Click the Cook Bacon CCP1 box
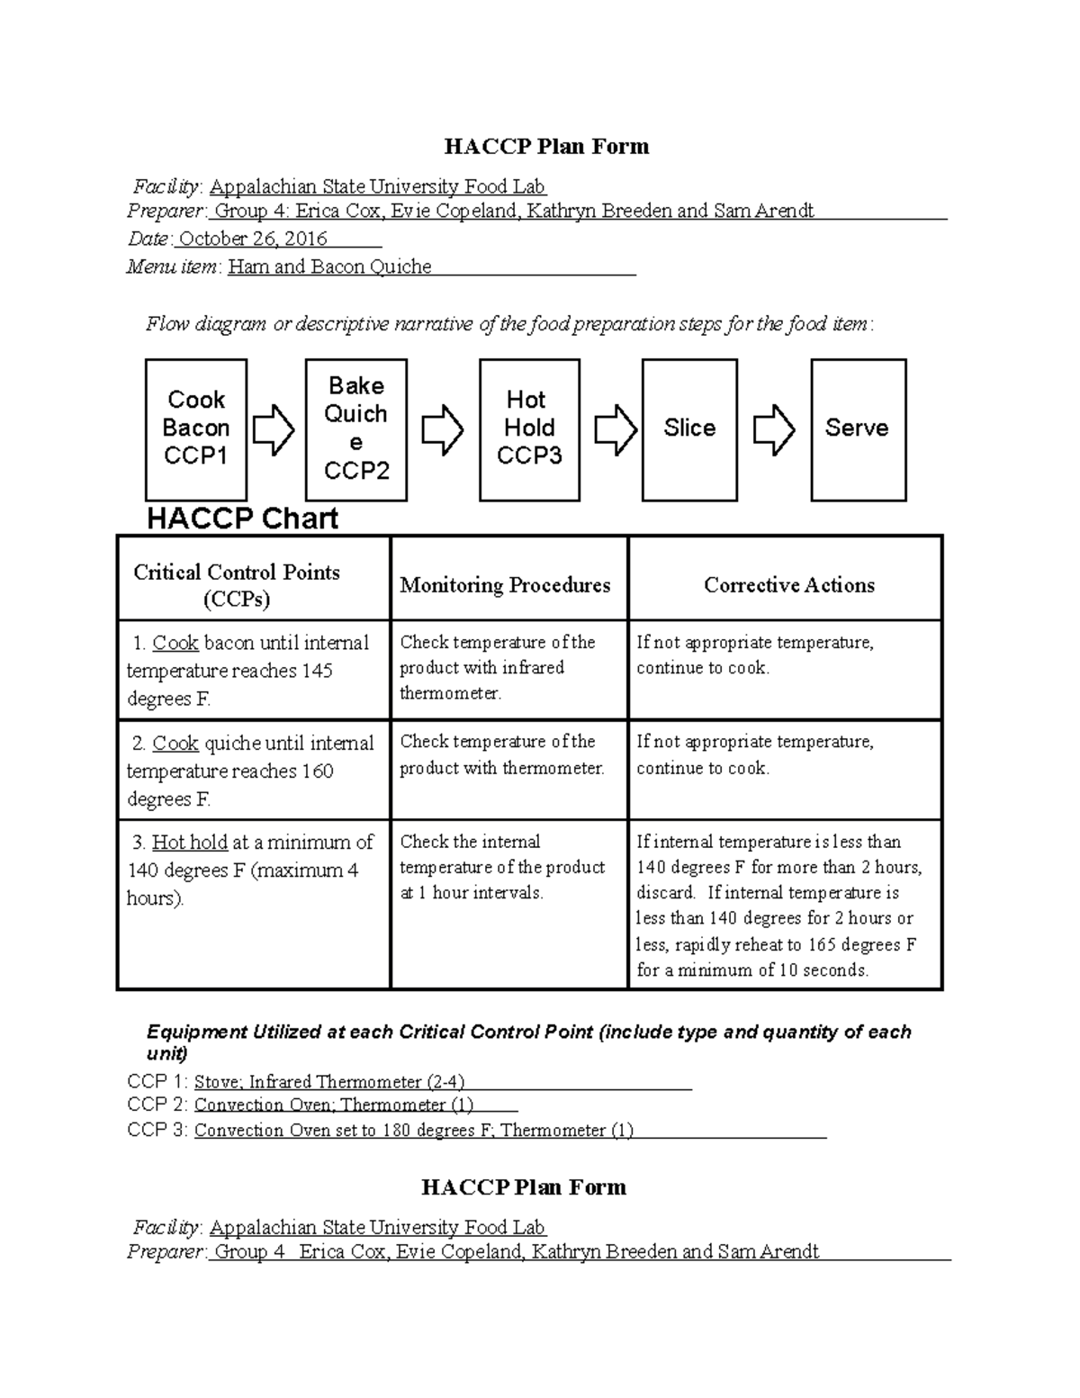click(x=196, y=429)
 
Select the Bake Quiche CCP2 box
click(x=356, y=429)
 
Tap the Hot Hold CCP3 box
click(x=529, y=429)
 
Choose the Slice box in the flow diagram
click(x=689, y=429)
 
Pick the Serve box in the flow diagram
click(x=858, y=429)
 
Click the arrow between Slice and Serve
click(x=774, y=429)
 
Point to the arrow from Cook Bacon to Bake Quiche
click(x=274, y=429)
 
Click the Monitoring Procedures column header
click(x=505, y=585)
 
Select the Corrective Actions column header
click(x=788, y=585)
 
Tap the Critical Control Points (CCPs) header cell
click(x=237, y=585)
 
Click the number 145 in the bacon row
click(x=317, y=671)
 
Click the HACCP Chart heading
click(x=242, y=519)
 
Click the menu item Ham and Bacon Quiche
click(x=329, y=267)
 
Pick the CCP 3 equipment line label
click(x=157, y=1130)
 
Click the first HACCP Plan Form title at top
click(x=547, y=147)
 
